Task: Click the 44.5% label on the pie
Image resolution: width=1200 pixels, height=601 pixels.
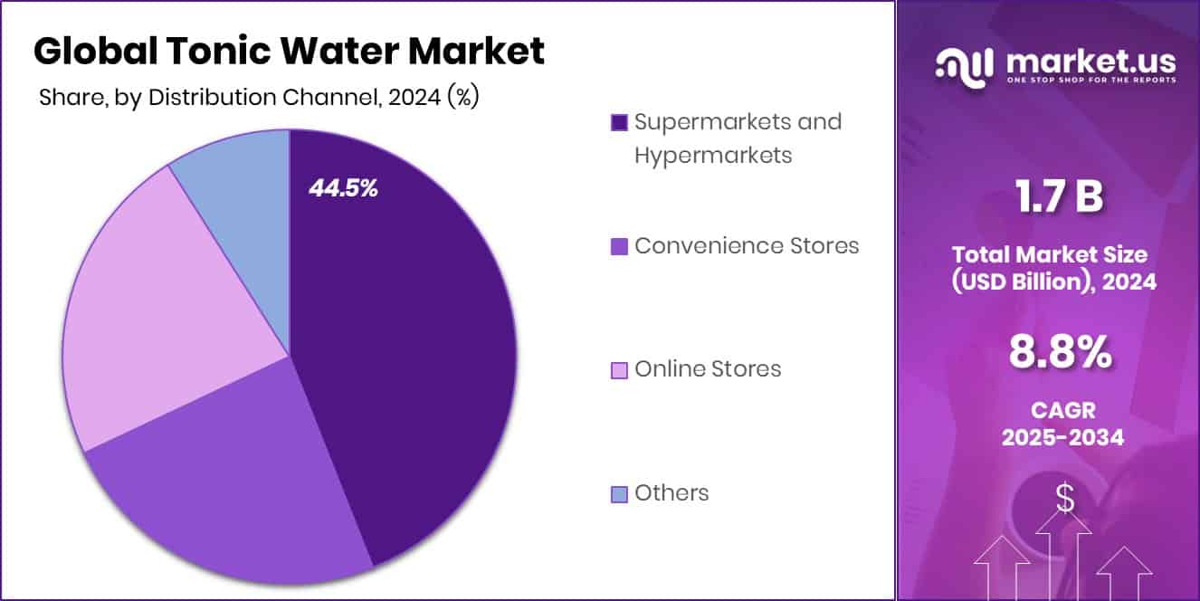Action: [343, 188]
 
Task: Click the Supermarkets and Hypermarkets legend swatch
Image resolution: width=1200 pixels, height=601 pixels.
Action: [620, 122]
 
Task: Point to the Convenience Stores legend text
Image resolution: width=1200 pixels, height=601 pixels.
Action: [747, 245]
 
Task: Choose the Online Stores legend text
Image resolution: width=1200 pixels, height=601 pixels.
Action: [708, 369]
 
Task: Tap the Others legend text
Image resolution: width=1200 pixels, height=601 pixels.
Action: [671, 493]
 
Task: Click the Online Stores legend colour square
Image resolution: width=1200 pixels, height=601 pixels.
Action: [620, 370]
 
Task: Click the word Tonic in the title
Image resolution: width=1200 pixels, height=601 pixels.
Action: [216, 52]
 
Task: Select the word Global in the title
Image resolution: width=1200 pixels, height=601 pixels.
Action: [91, 52]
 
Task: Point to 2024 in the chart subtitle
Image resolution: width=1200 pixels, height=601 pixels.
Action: [409, 99]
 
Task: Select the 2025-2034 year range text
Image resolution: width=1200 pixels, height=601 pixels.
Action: [1062, 438]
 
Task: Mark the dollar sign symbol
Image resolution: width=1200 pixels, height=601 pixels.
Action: [1064, 499]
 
